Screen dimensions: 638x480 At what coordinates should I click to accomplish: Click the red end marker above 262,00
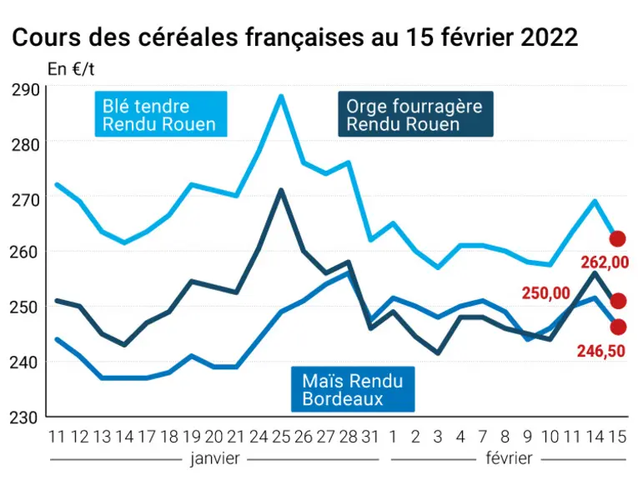(618, 239)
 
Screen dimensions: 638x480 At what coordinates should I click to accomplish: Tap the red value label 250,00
(545, 293)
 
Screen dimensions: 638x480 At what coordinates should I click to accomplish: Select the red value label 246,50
(601, 351)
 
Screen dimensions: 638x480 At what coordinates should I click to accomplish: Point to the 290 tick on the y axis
(25, 90)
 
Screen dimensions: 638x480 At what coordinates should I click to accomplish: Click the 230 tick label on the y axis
(24, 417)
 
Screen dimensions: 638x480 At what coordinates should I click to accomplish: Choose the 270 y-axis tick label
(25, 200)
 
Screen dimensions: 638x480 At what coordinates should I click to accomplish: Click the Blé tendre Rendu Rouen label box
(161, 114)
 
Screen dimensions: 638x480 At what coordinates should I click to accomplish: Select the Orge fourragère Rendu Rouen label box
(415, 114)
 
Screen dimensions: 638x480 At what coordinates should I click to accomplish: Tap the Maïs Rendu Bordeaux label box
(353, 389)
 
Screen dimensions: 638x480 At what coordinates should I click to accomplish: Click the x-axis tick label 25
(281, 437)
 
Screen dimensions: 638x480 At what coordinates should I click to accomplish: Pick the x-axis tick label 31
(369, 437)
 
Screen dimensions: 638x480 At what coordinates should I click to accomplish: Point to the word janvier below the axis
(215, 459)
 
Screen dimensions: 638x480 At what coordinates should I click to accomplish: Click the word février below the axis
(509, 458)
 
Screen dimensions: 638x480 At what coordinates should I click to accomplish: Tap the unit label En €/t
(71, 69)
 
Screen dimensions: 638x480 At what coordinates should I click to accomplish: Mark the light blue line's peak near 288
(281, 97)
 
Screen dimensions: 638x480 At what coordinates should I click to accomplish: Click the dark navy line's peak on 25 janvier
(281, 190)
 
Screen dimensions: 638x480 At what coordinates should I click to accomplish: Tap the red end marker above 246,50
(618, 327)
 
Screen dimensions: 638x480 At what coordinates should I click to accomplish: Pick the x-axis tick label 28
(349, 437)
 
